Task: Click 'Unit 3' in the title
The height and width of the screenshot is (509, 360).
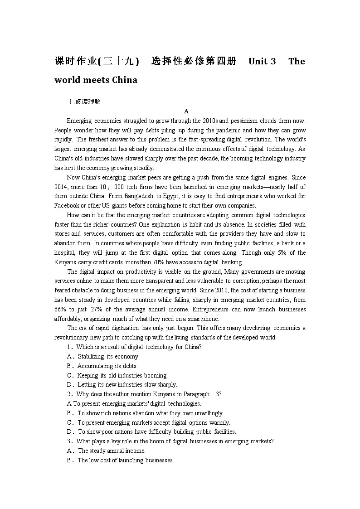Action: [262, 61]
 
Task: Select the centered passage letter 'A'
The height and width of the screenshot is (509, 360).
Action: [186, 111]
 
